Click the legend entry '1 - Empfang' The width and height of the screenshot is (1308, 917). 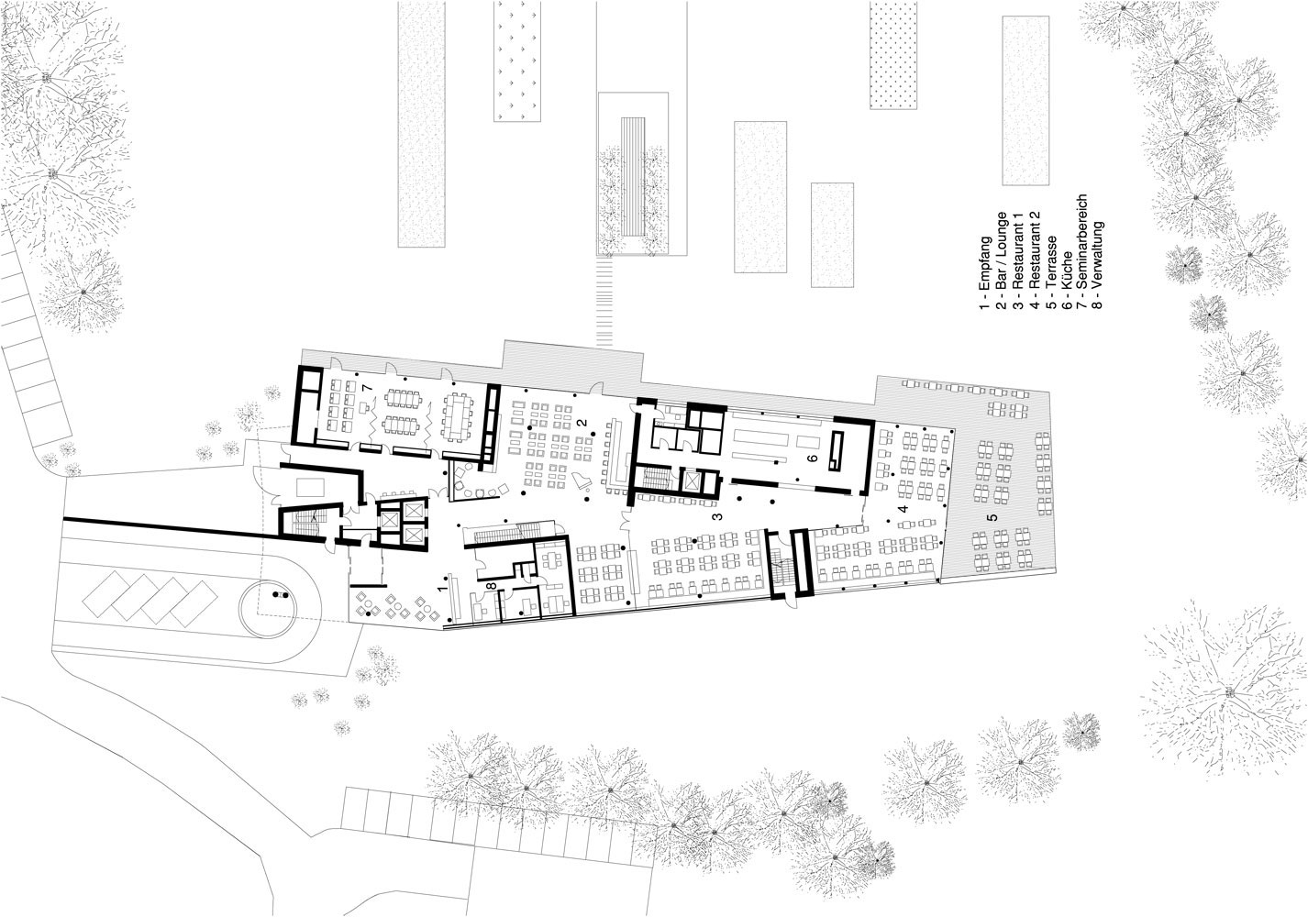[x=985, y=272]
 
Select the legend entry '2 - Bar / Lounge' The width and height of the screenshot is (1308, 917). [x=1002, y=260]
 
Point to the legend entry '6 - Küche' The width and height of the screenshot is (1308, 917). [x=1066, y=281]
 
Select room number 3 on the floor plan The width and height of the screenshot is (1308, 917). [x=717, y=516]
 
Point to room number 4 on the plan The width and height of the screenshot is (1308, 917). [x=903, y=508]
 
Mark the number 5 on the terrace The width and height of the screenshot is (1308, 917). [x=992, y=517]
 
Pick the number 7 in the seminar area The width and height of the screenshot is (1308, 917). [x=367, y=388]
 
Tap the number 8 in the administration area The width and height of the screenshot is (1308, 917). [x=493, y=585]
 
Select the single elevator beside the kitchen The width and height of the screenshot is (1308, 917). [x=693, y=481]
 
